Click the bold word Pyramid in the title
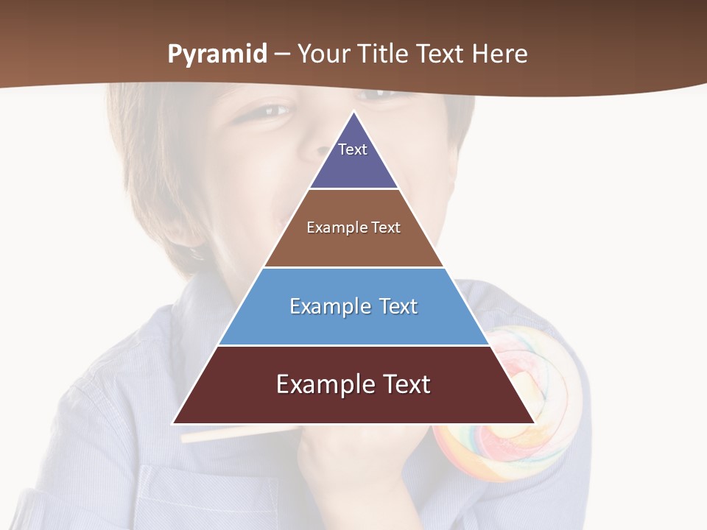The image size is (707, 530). pos(217,54)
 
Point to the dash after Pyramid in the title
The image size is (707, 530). pos(282,54)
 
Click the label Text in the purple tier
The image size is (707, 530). pos(353,149)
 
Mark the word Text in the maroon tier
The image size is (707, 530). pos(403,384)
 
